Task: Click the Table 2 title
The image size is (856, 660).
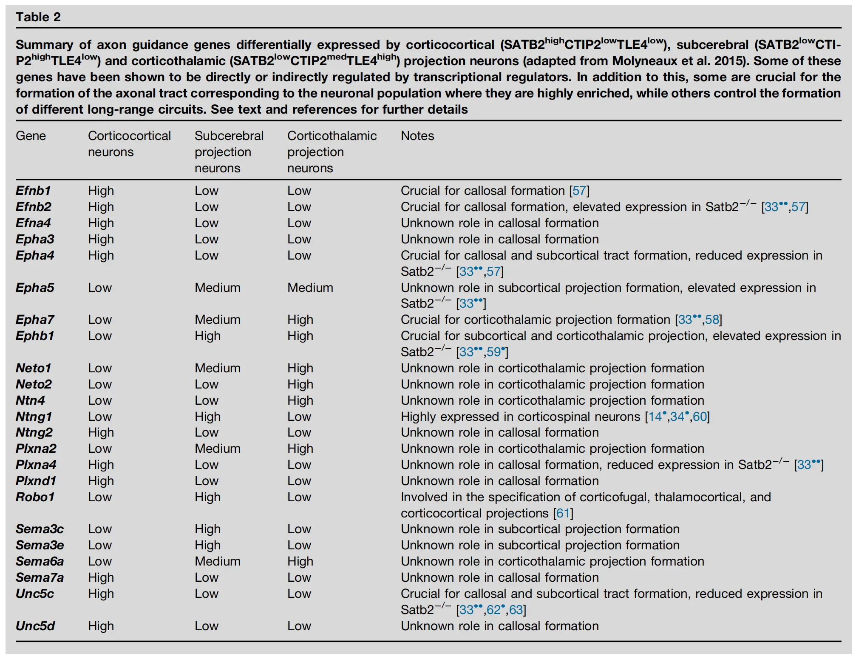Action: [38, 17]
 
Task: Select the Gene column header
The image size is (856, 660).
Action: [31, 136]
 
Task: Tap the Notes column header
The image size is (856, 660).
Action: [417, 136]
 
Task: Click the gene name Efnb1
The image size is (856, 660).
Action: [33, 191]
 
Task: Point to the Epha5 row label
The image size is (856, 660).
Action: [35, 288]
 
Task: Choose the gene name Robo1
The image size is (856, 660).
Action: [35, 497]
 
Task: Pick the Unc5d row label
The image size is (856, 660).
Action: [35, 626]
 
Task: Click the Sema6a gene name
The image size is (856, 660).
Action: [40, 561]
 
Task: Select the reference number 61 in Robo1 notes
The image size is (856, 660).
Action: [563, 513]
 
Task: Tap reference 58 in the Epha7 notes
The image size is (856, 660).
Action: [712, 320]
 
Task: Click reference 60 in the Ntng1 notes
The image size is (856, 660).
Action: [700, 417]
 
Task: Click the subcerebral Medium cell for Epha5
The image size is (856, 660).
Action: [217, 288]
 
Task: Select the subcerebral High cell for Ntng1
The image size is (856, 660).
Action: [207, 417]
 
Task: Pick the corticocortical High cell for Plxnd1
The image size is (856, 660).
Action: [101, 481]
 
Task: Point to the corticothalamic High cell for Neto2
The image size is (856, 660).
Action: [300, 384]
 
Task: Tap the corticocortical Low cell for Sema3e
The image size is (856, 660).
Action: [99, 545]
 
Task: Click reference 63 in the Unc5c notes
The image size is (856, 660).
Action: [516, 610]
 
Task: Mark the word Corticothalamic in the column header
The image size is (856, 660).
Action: [332, 136]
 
